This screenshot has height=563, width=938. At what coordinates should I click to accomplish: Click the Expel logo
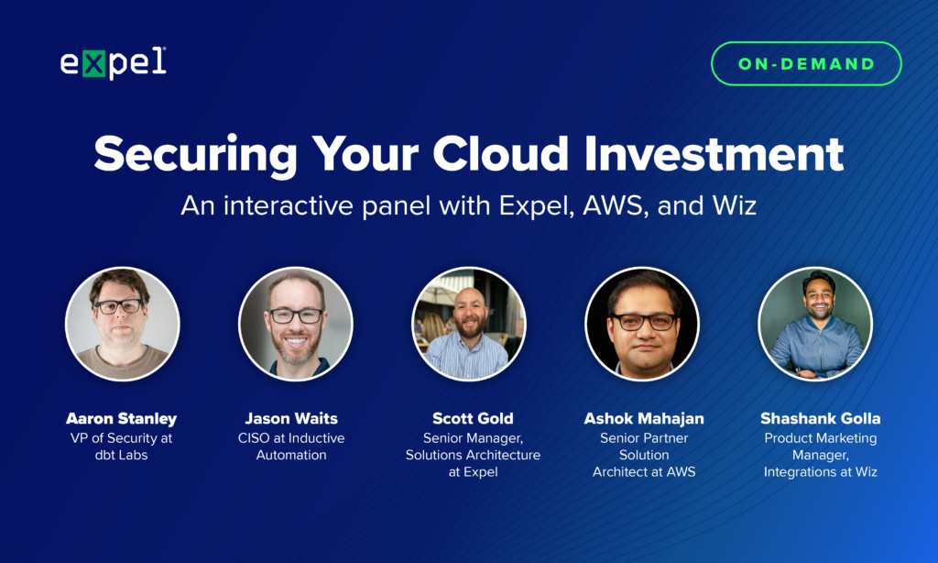click(x=113, y=63)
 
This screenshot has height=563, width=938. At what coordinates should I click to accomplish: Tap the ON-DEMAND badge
click(x=806, y=64)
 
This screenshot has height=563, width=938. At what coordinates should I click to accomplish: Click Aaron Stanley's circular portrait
click(x=123, y=324)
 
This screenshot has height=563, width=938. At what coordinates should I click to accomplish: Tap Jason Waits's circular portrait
click(x=296, y=324)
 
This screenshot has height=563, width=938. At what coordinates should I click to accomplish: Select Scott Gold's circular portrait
click(x=469, y=324)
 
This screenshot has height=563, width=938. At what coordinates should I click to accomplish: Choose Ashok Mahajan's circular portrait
click(x=642, y=324)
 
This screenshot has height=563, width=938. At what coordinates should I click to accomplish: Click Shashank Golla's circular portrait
click(x=815, y=324)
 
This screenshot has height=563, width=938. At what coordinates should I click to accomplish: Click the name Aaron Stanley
click(x=123, y=419)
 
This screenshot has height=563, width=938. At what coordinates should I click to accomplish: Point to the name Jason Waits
click(x=291, y=419)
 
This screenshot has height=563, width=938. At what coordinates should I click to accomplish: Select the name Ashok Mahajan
click(x=644, y=419)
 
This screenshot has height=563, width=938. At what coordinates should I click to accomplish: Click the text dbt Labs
click(x=123, y=455)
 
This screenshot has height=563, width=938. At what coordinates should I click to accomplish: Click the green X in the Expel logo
click(x=94, y=64)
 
